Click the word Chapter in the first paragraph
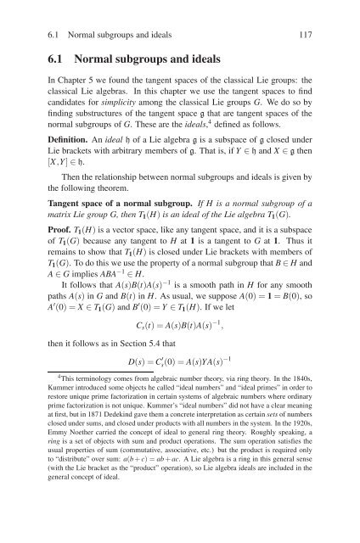72,87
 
